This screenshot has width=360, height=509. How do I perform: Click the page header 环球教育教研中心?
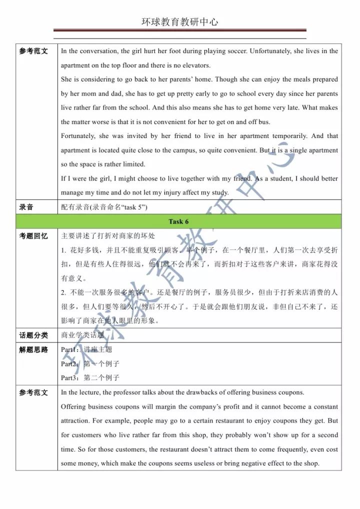(179, 22)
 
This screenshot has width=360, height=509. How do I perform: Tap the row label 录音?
(26, 207)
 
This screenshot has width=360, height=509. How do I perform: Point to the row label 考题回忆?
(33, 235)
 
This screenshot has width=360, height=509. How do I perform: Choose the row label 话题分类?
(33, 335)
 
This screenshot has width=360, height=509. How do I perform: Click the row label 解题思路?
(33, 350)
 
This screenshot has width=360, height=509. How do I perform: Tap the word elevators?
(196, 65)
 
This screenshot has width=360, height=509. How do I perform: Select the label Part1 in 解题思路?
(69, 350)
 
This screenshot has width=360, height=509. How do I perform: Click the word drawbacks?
(187, 392)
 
